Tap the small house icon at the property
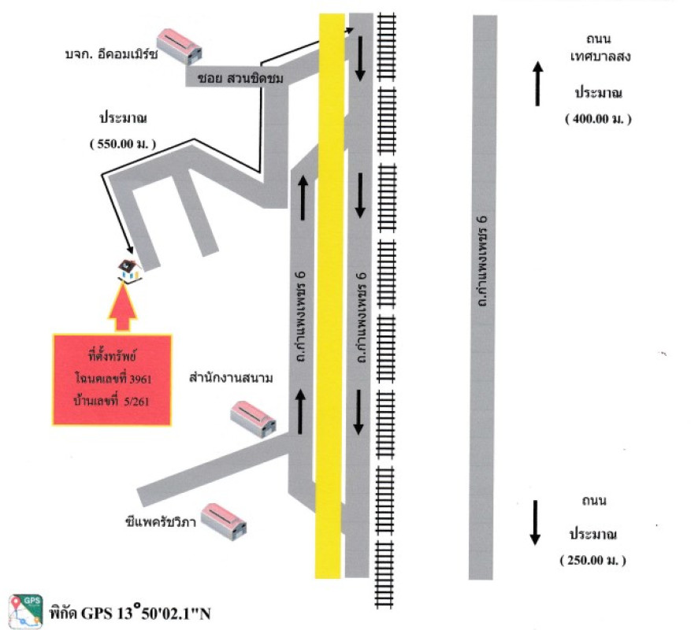[128, 270]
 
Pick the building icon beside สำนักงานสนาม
[254, 417]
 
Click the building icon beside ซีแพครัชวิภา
[223, 521]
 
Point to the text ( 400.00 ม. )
[598, 118]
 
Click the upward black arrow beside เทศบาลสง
[538, 84]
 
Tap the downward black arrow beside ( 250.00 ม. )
[535, 522]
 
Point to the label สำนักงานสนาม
[230, 379]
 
